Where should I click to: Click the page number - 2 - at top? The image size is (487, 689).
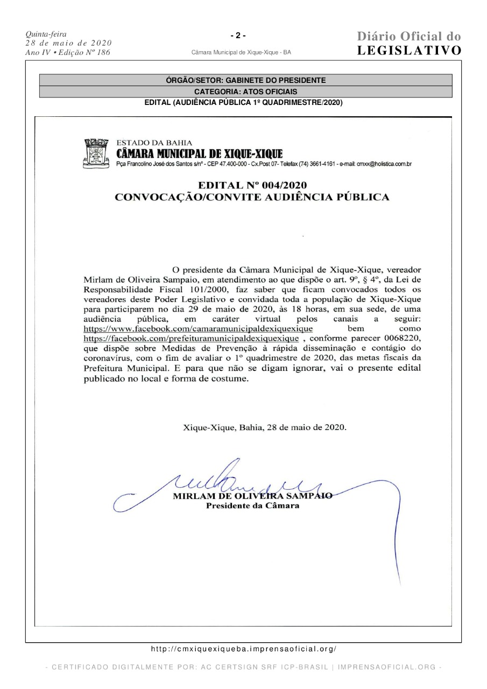tap(238, 36)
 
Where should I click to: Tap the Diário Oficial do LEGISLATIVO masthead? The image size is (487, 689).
tap(409, 44)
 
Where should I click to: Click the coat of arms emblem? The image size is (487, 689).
tap(97, 154)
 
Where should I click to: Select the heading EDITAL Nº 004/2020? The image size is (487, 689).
tap(253, 186)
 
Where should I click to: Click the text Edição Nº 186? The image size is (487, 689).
tap(83, 52)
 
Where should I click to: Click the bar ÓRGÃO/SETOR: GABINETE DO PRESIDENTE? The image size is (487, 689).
tap(246, 80)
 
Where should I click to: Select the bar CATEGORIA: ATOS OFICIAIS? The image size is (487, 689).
tap(246, 92)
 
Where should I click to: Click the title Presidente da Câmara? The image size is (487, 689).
tap(253, 507)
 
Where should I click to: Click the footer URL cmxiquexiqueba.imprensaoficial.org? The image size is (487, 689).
tap(243, 650)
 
